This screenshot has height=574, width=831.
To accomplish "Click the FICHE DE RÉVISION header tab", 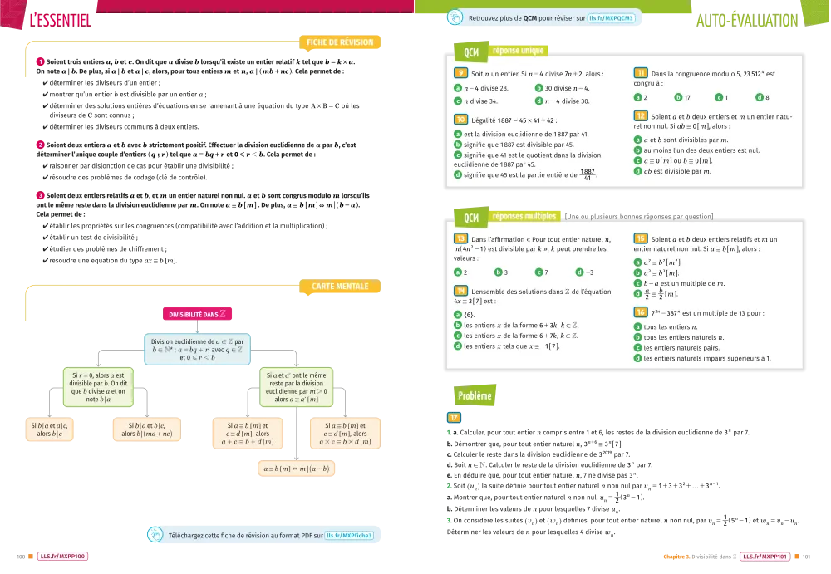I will pos(340,42).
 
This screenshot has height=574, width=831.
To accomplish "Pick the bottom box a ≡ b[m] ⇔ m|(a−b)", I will pos(297,469).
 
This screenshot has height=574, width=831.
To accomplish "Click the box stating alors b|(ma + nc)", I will pos(150,429).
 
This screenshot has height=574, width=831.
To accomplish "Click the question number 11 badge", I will pos(641,73).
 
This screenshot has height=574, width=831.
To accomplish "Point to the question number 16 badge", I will pos(641,312).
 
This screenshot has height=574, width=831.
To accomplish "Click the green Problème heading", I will pos(475,395).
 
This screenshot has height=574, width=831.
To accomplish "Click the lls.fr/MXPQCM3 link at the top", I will pos(611,17).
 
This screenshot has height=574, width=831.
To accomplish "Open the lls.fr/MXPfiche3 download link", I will pos(350,536).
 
